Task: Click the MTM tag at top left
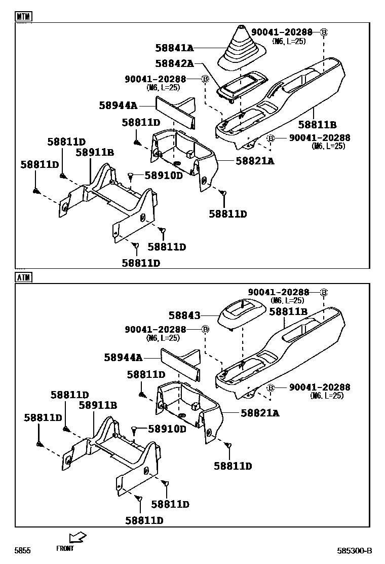pyautogui.click(x=23, y=16)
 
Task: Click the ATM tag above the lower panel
pyautogui.click(x=23, y=277)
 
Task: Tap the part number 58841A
pyautogui.click(x=174, y=48)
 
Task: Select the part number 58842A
pyautogui.click(x=174, y=63)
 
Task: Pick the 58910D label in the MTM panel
pyautogui.click(x=164, y=175)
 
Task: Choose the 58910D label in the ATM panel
pyautogui.click(x=167, y=429)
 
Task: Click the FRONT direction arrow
pyautogui.click(x=78, y=537)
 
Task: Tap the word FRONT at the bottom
pyautogui.click(x=65, y=548)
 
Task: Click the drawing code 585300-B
pyautogui.click(x=355, y=551)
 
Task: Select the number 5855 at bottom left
pyautogui.click(x=22, y=551)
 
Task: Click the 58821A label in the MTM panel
pyautogui.click(x=255, y=161)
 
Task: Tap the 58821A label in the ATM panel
pyautogui.click(x=260, y=413)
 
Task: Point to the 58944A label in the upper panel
pyautogui.click(x=118, y=105)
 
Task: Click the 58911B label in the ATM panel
pyautogui.click(x=98, y=405)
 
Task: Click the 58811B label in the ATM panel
pyautogui.click(x=288, y=312)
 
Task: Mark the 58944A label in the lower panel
pyautogui.click(x=123, y=357)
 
